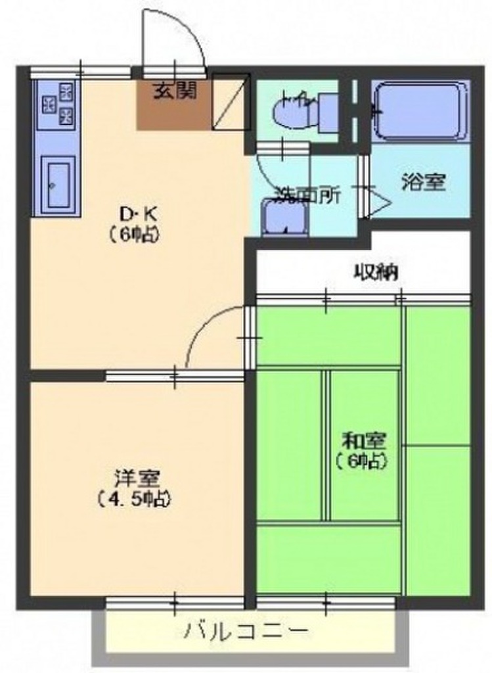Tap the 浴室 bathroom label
point(423,183)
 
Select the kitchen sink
point(58,183)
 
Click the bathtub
point(420,111)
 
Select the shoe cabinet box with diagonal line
point(231,102)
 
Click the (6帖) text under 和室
point(363,461)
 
